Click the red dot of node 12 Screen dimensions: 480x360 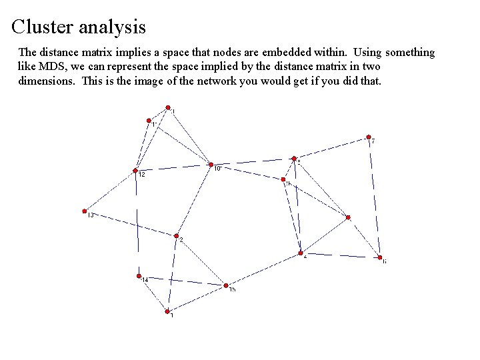click(135, 170)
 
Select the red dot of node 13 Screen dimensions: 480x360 click(85, 211)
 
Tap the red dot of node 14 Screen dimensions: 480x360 click(139, 275)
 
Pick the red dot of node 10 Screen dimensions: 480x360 click(211, 164)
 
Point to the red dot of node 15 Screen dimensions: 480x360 click(226, 285)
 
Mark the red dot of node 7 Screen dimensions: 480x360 click(368, 137)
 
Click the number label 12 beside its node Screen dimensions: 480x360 click(142, 175)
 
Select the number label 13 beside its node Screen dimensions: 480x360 click(91, 215)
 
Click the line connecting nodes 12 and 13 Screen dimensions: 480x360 click(110, 191)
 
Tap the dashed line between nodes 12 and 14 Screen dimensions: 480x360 click(137, 223)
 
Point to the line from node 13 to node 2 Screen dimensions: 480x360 click(131, 223)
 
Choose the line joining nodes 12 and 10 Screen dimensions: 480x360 click(173, 167)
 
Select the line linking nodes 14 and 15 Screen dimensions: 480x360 click(182, 280)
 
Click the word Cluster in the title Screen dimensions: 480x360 click(42, 27)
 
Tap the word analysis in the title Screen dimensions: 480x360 click(112, 28)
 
